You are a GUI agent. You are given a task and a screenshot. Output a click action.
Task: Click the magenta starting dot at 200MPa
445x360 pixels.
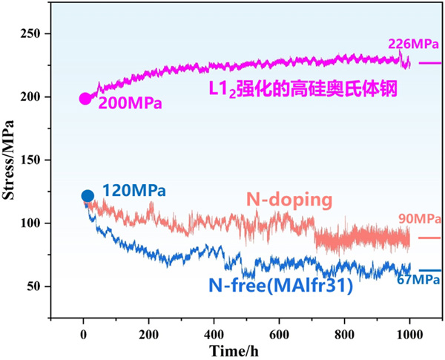[85, 99]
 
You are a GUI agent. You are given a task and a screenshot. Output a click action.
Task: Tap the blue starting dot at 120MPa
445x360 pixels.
[88, 197]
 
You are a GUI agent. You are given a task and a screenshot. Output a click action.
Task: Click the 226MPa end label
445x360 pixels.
[409, 45]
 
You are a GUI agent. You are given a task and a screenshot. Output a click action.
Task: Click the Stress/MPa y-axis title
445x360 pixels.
[13, 160]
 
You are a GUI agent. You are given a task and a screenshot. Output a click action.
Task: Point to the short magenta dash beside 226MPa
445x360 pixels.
[429, 63]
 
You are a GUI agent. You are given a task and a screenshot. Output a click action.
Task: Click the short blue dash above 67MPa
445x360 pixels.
[429, 270]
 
